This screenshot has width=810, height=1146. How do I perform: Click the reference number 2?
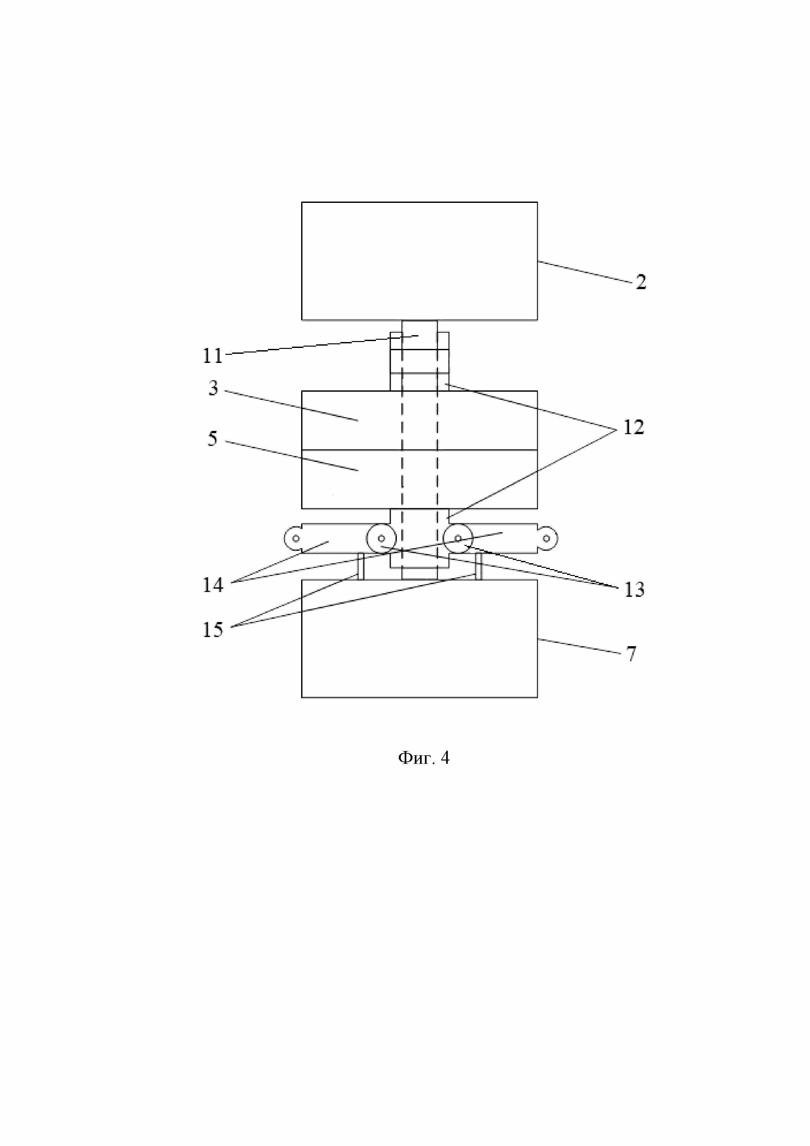click(641, 283)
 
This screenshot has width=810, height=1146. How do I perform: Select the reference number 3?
click(213, 388)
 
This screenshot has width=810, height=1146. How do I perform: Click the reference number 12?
click(633, 427)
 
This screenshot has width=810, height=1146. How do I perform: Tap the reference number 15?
click(213, 630)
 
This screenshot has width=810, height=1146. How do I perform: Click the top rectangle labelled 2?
click(419, 261)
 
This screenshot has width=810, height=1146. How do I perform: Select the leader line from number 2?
click(584, 272)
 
